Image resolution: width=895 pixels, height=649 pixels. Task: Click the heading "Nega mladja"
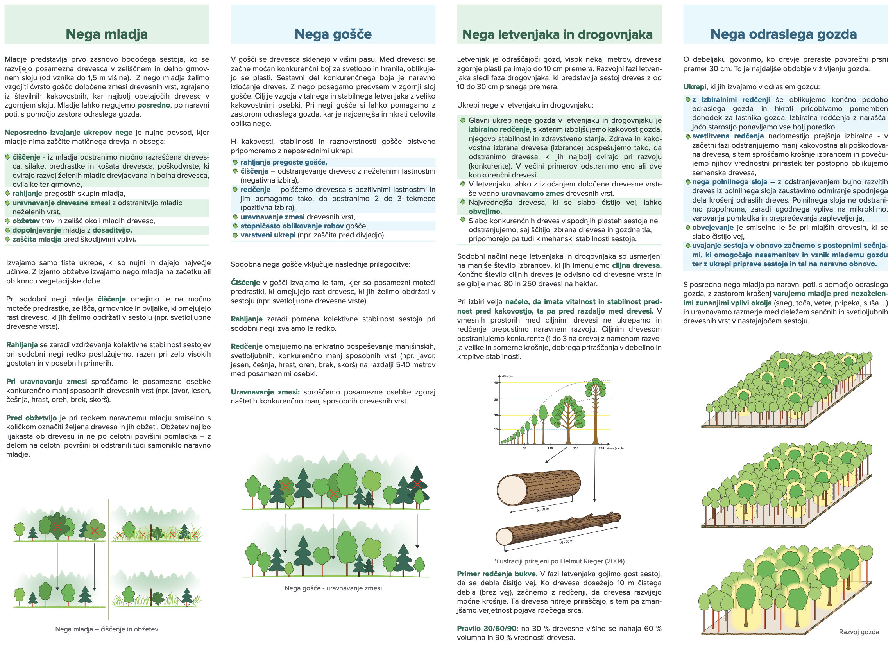[x=107, y=34]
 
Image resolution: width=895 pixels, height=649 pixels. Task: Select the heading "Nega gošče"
[x=333, y=34]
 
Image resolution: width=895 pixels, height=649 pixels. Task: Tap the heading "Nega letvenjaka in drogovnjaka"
[x=557, y=35]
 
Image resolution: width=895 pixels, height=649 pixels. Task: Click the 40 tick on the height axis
[x=496, y=382]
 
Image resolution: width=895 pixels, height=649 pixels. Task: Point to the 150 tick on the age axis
[x=576, y=448]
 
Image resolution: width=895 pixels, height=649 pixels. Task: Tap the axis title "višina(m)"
[x=507, y=376]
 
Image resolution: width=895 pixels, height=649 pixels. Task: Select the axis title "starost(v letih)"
[x=615, y=448]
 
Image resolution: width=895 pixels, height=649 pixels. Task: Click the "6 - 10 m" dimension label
[x=542, y=510]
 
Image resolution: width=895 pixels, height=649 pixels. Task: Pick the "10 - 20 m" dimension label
[x=566, y=542]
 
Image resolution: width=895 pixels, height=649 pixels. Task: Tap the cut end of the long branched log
[x=504, y=536]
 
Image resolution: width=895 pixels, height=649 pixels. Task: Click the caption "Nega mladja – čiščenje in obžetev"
[x=107, y=629]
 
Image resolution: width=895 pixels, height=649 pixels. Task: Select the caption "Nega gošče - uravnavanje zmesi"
[x=333, y=588]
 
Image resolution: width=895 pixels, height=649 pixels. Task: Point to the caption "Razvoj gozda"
[x=859, y=632]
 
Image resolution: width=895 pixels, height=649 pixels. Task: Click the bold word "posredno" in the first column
[x=154, y=106]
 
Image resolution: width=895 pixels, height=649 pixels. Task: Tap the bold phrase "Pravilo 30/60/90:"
[x=487, y=628]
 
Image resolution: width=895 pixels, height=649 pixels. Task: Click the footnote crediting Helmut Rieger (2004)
[x=559, y=561]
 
